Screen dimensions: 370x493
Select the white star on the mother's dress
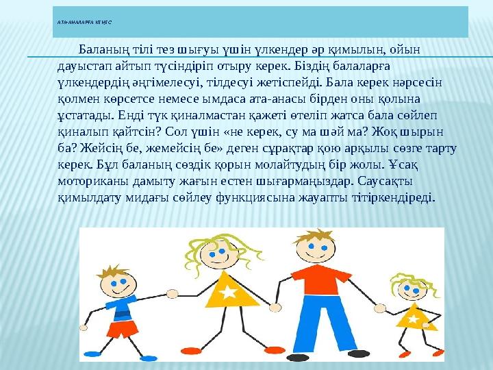click(x=228, y=293)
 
